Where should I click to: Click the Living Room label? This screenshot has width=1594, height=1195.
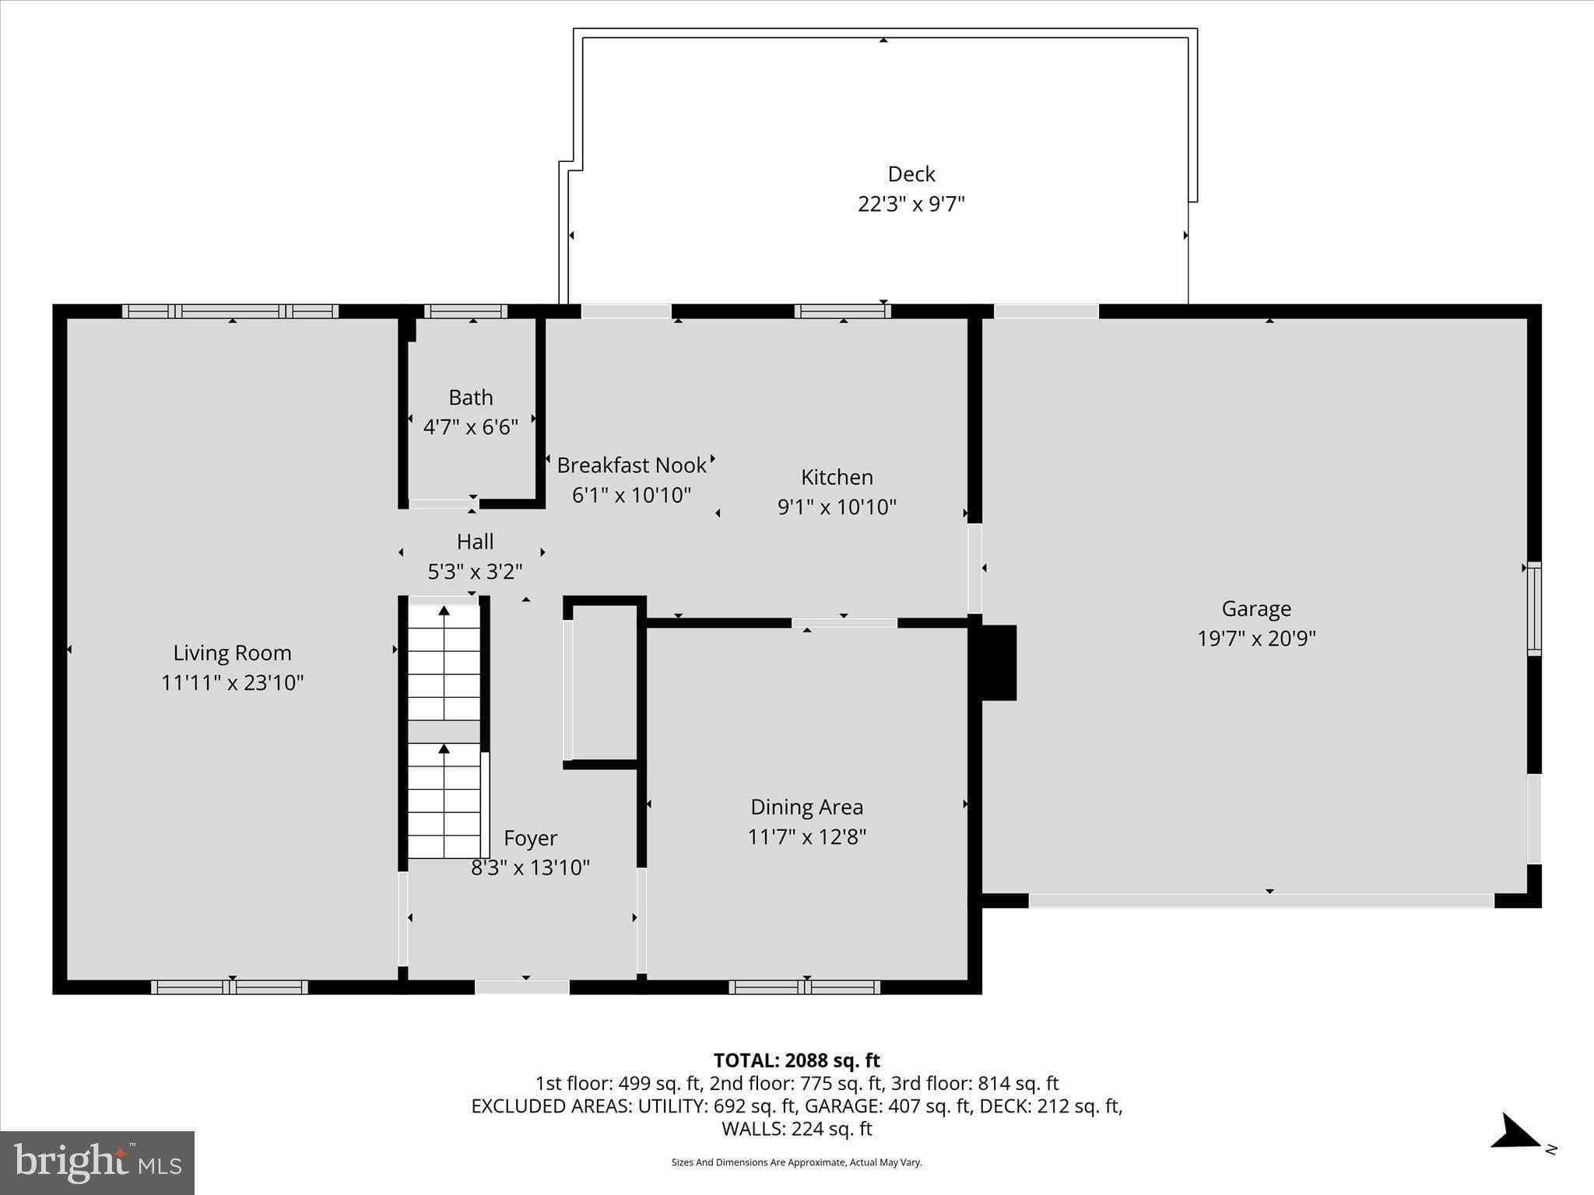click(232, 653)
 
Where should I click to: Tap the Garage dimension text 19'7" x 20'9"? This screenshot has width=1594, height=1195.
click(1255, 639)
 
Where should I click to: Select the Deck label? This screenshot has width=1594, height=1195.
click(911, 174)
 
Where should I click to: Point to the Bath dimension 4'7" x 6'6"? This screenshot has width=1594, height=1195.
click(470, 427)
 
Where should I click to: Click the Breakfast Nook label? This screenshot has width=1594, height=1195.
click(631, 465)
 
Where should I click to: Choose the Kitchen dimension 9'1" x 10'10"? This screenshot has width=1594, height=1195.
click(837, 507)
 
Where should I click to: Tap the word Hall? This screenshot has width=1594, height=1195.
click(475, 541)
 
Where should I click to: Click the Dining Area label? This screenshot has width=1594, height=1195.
click(806, 807)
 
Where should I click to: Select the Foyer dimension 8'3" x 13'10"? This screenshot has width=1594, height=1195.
click(530, 867)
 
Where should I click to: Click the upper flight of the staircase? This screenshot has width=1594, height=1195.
click(444, 662)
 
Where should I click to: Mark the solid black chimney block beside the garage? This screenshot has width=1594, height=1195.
click(999, 662)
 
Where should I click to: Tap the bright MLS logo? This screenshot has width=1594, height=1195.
click(97, 1162)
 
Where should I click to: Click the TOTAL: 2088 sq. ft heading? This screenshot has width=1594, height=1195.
click(796, 1060)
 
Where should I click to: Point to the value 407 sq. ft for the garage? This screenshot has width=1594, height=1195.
click(932, 1106)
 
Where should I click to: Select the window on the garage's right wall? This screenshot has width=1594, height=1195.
click(1533, 608)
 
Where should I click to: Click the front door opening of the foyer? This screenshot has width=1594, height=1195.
click(522, 986)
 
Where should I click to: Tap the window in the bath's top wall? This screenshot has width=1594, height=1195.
click(465, 311)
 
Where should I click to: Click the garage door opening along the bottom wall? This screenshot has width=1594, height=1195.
click(1261, 900)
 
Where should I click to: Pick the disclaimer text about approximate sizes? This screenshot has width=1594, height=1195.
click(796, 1162)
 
